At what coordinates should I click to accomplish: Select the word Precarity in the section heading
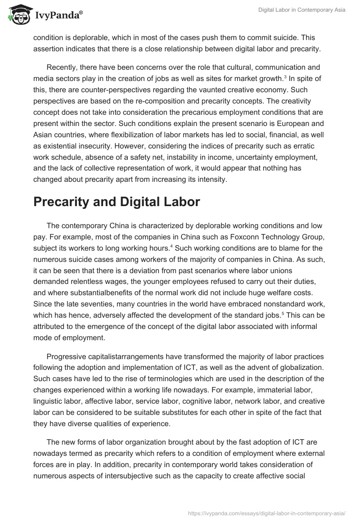[63, 202]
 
